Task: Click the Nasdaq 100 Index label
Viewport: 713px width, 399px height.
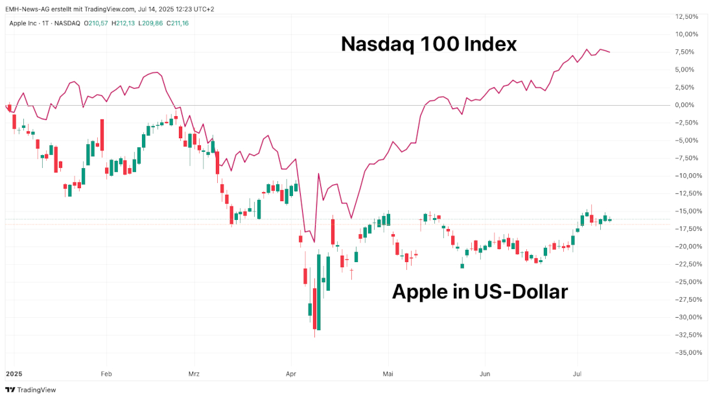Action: point(428,44)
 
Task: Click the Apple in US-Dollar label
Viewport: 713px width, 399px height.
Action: point(480,292)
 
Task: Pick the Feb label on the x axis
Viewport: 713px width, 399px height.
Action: point(106,374)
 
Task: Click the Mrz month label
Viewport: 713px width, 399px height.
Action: point(194,374)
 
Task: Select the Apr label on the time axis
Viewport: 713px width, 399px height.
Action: point(290,374)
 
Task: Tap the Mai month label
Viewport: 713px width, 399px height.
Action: point(388,374)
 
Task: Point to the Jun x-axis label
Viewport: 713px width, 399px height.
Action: point(484,374)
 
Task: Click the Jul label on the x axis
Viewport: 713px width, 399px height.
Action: point(577,374)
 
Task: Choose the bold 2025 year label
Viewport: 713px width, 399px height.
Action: point(14,374)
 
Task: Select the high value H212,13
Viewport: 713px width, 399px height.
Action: point(123,23)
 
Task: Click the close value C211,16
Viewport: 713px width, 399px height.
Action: point(177,23)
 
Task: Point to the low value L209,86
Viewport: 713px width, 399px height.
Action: point(150,23)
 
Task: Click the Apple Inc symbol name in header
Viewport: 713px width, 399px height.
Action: point(23,23)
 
